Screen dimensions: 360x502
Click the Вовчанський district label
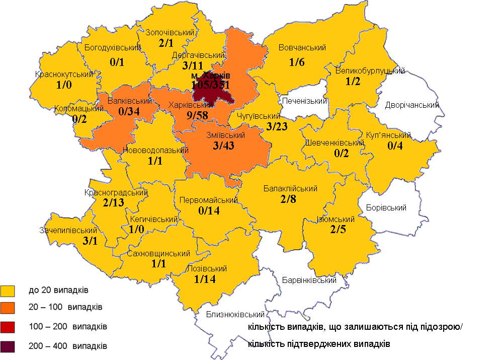[302, 48]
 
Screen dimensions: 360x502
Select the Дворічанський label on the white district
[412, 105]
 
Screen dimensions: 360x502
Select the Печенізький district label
[304, 101]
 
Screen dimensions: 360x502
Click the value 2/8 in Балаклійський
[289, 200]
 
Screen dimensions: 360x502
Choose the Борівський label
[386, 207]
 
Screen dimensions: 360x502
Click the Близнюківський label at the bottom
[235, 315]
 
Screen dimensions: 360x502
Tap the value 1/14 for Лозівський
[204, 280]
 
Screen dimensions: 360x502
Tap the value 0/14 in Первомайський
[209, 211]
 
